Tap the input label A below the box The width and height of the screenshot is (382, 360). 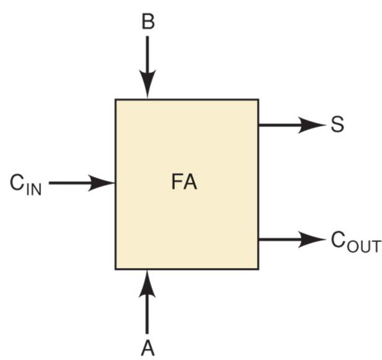(x=147, y=348)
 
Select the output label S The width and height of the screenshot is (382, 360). (x=337, y=125)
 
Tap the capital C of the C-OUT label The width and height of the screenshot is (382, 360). (x=338, y=239)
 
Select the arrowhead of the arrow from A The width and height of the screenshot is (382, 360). (x=147, y=281)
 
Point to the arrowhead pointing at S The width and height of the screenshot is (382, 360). (x=313, y=125)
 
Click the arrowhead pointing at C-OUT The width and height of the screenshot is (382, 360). (x=313, y=239)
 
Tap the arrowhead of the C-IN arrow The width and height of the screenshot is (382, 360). (x=102, y=183)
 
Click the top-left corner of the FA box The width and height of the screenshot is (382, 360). (x=116, y=100)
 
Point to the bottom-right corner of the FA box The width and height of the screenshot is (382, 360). (x=258, y=269)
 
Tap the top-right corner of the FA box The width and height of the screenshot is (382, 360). (x=258, y=100)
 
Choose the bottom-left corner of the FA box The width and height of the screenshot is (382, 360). (x=116, y=269)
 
